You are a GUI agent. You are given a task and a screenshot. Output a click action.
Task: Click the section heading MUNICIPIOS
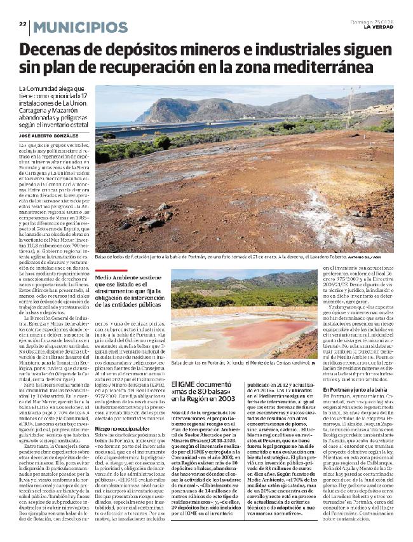pyautogui.click(x=80, y=27)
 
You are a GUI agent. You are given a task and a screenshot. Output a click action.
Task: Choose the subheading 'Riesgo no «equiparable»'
pyautogui.click(x=121, y=429)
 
